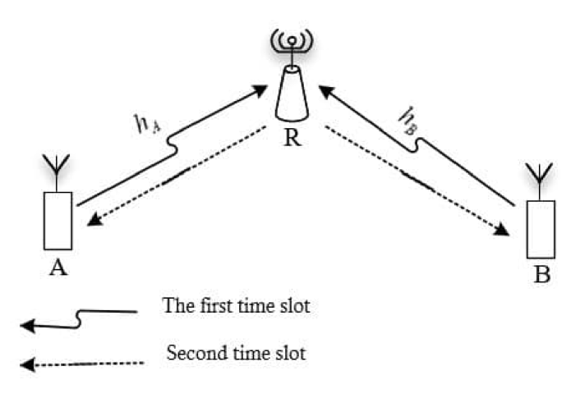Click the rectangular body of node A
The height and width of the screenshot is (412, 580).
pos(58,220)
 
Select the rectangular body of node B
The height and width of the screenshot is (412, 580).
pos(541,229)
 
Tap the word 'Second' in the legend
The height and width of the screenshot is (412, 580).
pos(190,355)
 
